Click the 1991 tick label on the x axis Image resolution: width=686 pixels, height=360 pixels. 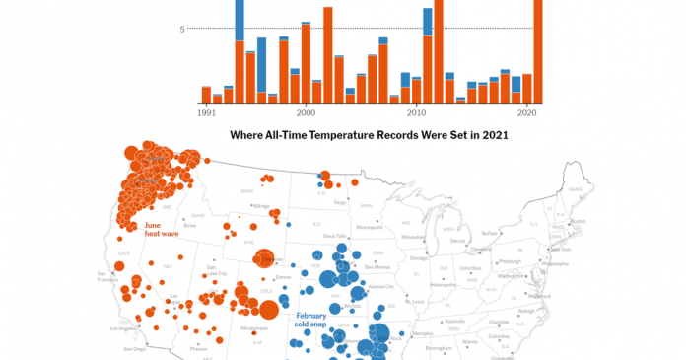coord(207,114)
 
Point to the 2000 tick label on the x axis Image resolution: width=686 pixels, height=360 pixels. coord(306,114)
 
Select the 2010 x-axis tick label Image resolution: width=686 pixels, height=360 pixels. coord(416,114)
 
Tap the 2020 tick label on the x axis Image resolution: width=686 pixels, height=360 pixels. coord(526,114)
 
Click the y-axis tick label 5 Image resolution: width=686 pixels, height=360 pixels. coord(182,29)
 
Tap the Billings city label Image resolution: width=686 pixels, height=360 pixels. coord(261,205)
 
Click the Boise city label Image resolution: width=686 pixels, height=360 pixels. coord(191,225)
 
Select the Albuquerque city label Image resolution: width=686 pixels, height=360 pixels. coord(253,326)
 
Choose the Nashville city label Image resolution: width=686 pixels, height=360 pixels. coord(454,321)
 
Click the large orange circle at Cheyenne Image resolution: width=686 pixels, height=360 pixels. coord(262,258)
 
